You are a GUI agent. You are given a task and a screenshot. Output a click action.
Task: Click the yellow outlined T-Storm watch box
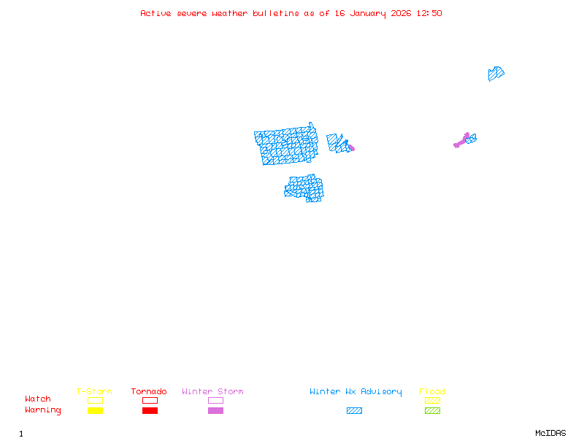95,400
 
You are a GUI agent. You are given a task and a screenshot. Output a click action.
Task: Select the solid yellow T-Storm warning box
95,411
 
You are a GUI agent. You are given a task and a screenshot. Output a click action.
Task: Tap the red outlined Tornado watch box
150,400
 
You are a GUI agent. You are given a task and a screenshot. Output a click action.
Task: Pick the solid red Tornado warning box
150,411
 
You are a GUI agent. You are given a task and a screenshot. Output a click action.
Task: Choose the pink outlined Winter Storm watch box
215,400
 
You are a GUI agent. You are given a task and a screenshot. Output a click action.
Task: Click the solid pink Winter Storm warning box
215,411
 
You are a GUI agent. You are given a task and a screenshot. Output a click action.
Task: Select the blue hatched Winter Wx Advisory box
354,411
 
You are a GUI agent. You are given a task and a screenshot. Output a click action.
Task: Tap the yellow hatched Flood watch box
432,400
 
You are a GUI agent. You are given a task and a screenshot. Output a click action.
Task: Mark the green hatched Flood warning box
432,411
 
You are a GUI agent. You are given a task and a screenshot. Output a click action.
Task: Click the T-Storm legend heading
94,391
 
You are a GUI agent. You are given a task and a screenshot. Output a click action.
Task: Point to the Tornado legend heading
149,391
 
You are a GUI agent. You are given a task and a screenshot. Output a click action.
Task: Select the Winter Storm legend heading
212,391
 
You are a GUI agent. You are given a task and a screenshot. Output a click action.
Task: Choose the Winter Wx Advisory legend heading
356,391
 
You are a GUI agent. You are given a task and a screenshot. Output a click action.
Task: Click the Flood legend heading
432,391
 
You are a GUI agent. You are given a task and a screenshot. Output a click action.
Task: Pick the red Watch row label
38,399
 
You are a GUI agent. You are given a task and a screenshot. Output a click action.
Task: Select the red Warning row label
43,410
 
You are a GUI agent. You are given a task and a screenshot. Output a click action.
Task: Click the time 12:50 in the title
429,13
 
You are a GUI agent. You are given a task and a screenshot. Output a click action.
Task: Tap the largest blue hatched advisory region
286,146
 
